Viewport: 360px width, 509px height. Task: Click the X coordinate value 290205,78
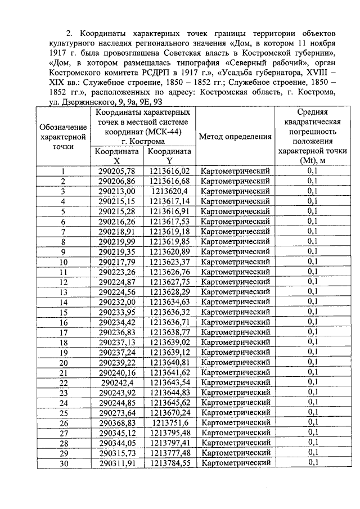click(x=117, y=171)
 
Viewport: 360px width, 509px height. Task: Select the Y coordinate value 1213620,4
click(x=170, y=191)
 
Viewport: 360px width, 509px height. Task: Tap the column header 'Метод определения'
click(x=235, y=137)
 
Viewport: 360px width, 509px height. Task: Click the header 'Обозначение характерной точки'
click(x=64, y=137)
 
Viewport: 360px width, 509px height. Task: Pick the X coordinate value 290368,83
click(x=117, y=422)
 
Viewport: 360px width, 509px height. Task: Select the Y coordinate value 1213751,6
click(x=170, y=422)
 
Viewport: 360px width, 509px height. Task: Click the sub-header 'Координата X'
click(x=117, y=156)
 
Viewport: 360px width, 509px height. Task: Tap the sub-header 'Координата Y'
click(x=170, y=156)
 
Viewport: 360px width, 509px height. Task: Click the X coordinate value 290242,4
click(x=117, y=382)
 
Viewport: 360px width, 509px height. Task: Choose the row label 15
click(x=64, y=312)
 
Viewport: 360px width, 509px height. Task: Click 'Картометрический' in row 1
click(x=235, y=171)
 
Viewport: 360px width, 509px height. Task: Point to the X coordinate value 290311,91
click(x=117, y=463)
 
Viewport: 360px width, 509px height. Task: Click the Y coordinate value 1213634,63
click(x=170, y=302)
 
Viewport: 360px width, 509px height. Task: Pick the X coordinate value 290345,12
click(x=117, y=433)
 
